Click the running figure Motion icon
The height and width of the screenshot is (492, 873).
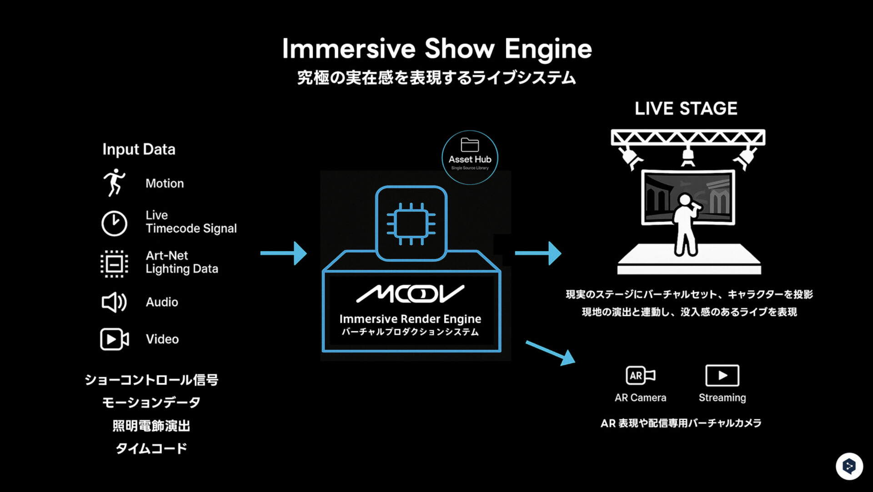point(114,183)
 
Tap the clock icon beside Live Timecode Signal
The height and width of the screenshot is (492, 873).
point(114,223)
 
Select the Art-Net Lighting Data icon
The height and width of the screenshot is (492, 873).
point(114,263)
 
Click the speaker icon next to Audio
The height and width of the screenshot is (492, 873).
point(114,303)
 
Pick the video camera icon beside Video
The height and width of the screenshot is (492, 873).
point(114,339)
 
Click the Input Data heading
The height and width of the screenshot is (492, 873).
point(139,149)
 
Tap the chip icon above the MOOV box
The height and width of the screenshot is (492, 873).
point(411,224)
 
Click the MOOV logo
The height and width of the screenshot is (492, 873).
point(410,294)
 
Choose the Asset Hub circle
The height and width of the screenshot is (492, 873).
point(470,158)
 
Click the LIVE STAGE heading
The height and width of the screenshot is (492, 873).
point(686,109)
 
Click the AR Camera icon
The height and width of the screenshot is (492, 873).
point(640,376)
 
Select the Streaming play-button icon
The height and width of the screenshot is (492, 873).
point(722,376)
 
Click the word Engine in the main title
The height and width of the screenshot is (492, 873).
point(548,49)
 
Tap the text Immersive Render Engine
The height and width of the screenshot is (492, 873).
point(410,319)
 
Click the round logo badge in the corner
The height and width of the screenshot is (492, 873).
point(849,466)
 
